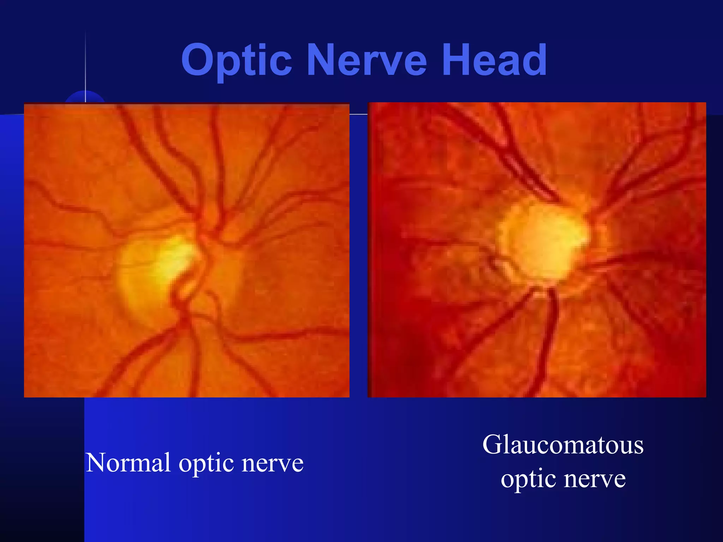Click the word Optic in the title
point(237,60)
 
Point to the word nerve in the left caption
point(273,463)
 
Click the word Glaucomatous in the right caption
point(563,445)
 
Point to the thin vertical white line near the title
point(85,64)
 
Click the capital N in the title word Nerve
point(323,60)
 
